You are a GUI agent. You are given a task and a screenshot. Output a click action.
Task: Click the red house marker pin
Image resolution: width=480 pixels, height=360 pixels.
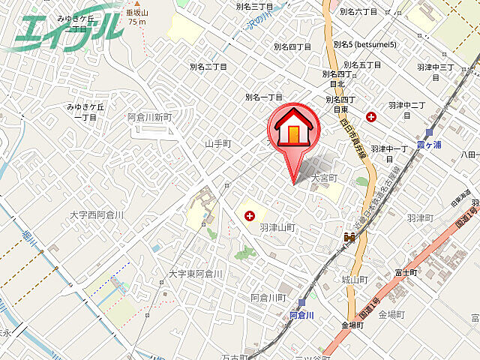tap(293, 132)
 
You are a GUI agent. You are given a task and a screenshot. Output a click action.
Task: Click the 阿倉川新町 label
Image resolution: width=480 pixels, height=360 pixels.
tap(149, 117)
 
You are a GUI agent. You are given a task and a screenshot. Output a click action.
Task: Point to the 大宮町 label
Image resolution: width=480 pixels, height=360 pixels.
tap(325, 178)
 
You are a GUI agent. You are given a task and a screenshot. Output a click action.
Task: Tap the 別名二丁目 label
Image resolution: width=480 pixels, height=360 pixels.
tap(208, 67)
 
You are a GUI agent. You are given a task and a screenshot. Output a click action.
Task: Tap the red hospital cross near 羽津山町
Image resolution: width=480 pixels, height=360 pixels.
tap(249, 216)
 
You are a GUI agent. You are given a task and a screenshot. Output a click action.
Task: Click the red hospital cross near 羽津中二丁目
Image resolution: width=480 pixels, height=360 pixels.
tap(371, 116)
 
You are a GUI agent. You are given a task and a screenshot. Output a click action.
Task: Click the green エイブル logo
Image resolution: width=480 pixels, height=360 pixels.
tap(67, 28)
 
